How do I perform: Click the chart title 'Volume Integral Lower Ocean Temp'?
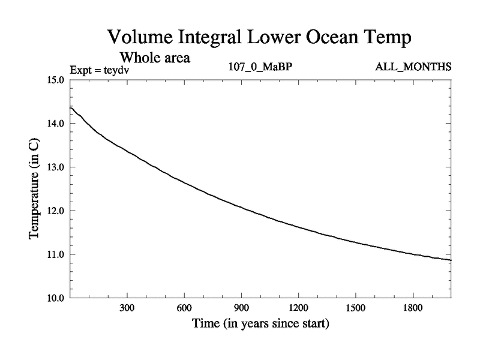point(259,37)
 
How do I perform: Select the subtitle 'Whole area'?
point(155,58)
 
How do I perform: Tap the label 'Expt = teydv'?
point(100,70)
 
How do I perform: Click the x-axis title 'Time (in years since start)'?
point(260,325)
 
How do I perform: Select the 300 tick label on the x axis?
point(127,308)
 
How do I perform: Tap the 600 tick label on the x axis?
point(184,308)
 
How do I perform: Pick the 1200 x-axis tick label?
point(298,308)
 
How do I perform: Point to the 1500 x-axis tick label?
point(356,308)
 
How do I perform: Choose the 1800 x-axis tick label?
point(413,308)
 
